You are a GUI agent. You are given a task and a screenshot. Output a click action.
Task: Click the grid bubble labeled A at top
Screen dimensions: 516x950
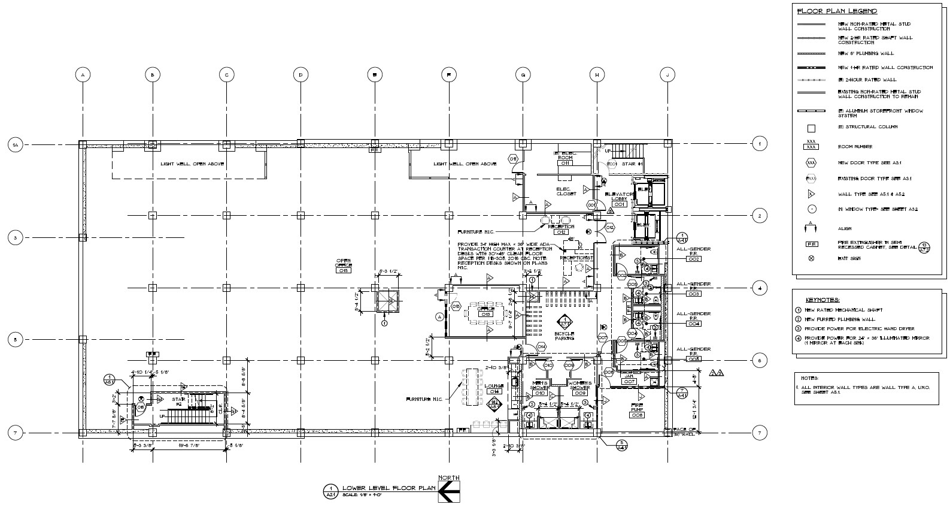(x=83, y=75)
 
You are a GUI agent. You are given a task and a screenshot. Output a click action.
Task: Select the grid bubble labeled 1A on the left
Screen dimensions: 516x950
(x=16, y=144)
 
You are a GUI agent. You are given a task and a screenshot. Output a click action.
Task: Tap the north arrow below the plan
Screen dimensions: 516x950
(x=448, y=492)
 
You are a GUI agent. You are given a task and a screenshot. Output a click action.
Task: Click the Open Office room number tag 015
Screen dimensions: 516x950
(x=343, y=271)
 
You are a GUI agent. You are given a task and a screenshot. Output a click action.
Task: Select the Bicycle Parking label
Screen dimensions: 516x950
(x=564, y=336)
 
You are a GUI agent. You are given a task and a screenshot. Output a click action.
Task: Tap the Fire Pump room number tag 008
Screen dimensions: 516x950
(x=637, y=415)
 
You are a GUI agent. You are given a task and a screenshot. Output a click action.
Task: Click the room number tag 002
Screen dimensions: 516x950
(x=694, y=259)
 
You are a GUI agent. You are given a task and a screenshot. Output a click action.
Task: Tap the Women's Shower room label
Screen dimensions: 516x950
(x=579, y=385)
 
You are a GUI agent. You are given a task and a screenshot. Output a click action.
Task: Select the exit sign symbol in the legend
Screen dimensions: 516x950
(x=811, y=258)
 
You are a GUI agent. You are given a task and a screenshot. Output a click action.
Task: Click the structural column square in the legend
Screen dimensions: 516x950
(x=811, y=128)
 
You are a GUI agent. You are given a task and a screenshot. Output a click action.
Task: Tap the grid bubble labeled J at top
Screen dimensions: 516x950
(x=667, y=75)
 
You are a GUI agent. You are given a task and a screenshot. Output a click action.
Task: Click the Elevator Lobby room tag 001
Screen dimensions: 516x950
(x=620, y=204)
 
